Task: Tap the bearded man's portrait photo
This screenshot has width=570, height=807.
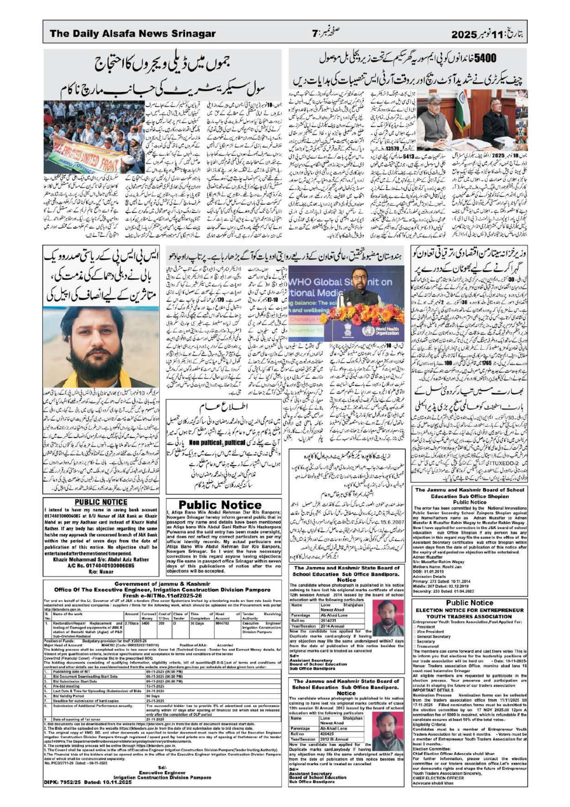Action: (x=100, y=346)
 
